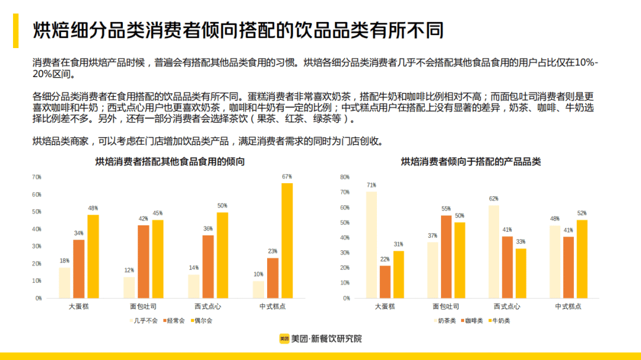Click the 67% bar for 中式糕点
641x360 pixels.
287,240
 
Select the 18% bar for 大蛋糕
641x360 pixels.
64,282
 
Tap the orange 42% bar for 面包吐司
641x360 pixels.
144,261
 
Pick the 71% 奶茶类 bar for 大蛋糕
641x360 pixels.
371,244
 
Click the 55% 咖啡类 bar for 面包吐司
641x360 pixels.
446,256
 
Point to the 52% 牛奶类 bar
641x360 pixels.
582,259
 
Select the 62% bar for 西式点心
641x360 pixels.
493,251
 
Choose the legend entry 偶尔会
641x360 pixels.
202,321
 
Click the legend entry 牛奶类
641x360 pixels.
499,321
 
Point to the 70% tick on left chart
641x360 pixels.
37,177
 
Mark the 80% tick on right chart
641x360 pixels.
345,177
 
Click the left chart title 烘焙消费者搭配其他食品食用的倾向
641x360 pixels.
170,162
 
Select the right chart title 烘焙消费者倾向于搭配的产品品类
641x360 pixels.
471,162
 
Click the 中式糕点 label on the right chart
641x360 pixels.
568,307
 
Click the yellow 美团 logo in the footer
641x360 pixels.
284,339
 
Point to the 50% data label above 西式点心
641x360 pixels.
222,206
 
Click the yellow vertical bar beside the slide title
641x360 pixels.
16,31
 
